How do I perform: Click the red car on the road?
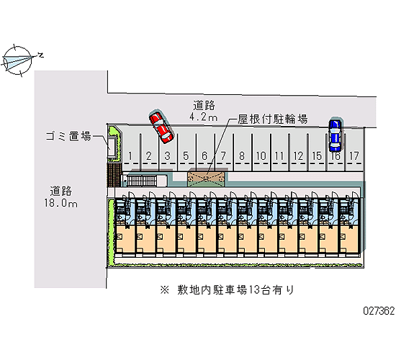point(161,127)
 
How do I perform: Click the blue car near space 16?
point(335,135)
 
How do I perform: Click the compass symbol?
point(18,60)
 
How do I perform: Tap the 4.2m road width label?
point(204,117)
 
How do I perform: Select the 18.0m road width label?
point(61,203)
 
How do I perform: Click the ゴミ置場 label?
point(68,136)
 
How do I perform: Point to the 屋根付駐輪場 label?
point(273,119)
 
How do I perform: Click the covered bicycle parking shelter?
point(206,179)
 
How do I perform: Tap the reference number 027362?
point(379,310)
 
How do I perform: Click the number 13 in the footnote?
point(254,289)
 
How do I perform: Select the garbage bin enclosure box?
point(112,148)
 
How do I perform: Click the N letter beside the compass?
point(40,55)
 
